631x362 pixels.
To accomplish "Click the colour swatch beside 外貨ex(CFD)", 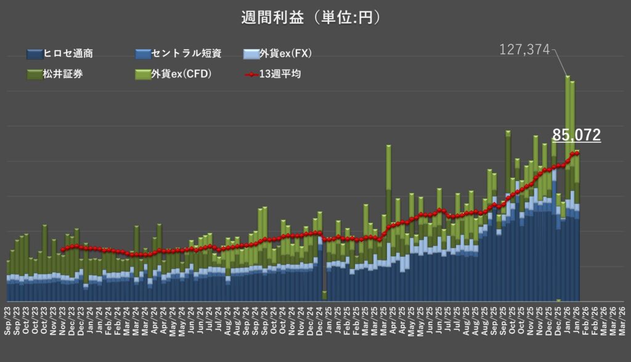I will [142, 75].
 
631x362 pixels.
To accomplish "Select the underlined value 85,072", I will [576, 135].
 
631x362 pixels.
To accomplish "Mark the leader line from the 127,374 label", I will [560, 62].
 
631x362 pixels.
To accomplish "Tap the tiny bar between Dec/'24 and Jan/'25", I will [325, 296].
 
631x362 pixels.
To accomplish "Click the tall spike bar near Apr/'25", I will [388, 185].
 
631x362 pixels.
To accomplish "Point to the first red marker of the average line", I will [63, 250].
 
